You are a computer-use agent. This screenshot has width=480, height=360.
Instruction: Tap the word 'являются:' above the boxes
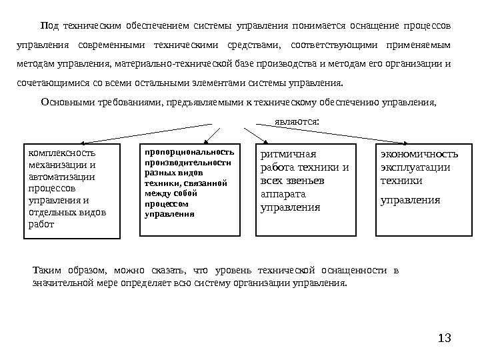click(297, 122)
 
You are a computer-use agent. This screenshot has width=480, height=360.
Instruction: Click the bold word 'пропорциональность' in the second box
click(189, 152)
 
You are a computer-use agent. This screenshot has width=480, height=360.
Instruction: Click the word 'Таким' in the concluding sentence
click(45, 270)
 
